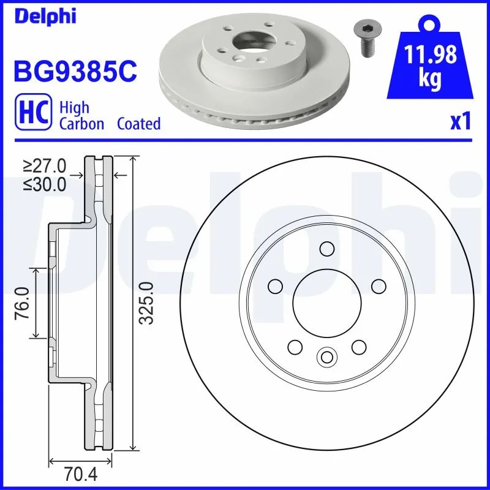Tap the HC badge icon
(x=34, y=115)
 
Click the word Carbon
(x=81, y=124)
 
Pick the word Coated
(x=138, y=124)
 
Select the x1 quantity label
(x=461, y=123)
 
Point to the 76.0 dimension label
(x=23, y=303)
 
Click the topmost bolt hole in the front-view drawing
(x=327, y=249)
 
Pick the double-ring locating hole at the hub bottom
(x=326, y=356)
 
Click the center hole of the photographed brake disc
(x=252, y=43)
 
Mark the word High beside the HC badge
(x=74, y=108)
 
